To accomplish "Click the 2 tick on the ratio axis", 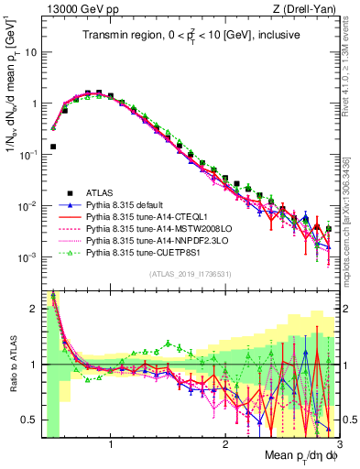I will tap(33, 309).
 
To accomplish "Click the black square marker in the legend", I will tap(57, 192).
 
